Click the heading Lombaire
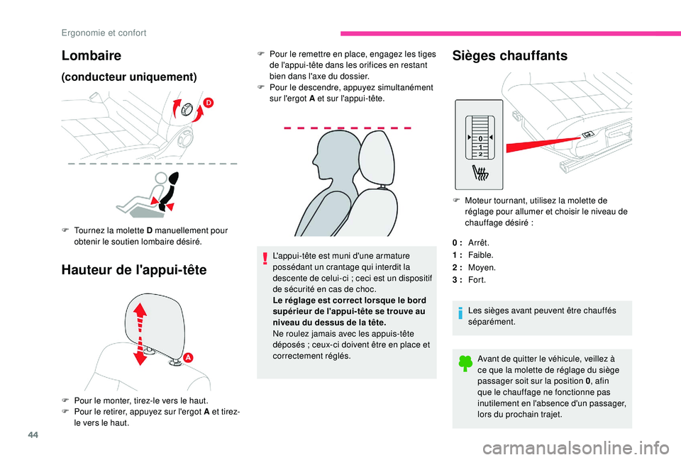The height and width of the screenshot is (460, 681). point(92,55)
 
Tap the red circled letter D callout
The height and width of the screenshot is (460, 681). point(209,103)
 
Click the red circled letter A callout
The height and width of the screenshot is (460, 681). point(189,358)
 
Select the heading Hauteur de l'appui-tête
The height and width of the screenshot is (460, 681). point(133,269)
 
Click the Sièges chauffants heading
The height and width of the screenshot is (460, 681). point(509,56)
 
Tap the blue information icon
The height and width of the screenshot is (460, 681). point(460,312)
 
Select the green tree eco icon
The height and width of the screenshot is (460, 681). point(465,364)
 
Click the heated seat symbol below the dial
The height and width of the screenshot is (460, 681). point(480,171)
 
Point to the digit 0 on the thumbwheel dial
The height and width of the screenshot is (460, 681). point(480,138)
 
